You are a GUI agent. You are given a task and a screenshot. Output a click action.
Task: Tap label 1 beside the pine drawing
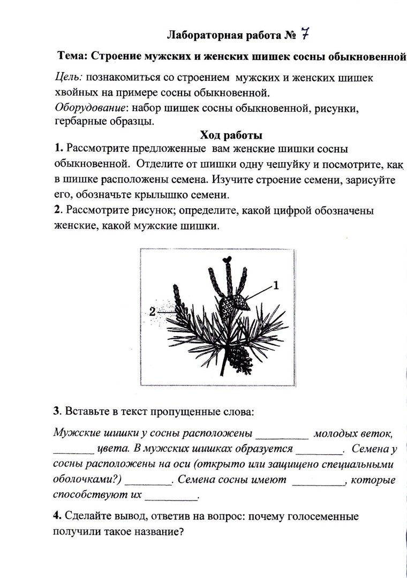coord(276,285)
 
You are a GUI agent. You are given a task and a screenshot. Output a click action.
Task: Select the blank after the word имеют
coord(319,481)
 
